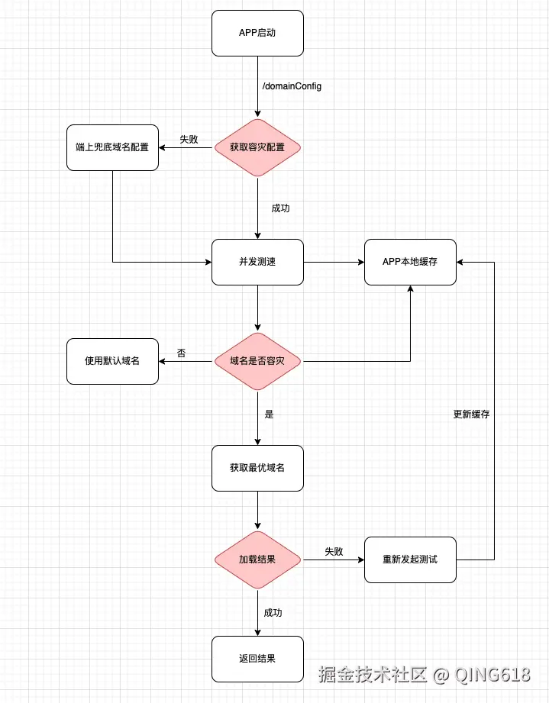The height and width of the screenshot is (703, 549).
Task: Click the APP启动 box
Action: pyautogui.click(x=257, y=33)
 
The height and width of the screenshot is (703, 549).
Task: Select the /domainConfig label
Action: pyautogui.click(x=292, y=86)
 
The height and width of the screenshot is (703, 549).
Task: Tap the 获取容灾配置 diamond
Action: pyautogui.click(x=257, y=147)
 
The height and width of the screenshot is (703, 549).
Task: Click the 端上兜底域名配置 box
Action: pyautogui.click(x=112, y=147)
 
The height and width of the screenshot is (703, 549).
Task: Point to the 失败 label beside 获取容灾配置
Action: pyautogui.click(x=189, y=140)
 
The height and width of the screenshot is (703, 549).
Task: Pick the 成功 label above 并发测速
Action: pyautogui.click(x=280, y=208)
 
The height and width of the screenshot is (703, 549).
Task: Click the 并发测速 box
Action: pyautogui.click(x=257, y=262)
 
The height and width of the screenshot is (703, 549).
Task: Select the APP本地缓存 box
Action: pyautogui.click(x=410, y=262)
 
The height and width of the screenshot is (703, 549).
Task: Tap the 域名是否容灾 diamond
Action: pyautogui.click(x=257, y=361)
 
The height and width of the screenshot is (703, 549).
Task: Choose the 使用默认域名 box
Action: pyautogui.click(x=112, y=361)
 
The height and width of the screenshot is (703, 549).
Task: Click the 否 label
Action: pyautogui.click(x=181, y=353)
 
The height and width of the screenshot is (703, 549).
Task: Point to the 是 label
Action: pyautogui.click(x=269, y=414)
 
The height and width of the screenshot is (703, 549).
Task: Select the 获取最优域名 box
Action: pyautogui.click(x=257, y=468)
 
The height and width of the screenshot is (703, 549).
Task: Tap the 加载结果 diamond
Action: pyautogui.click(x=257, y=559)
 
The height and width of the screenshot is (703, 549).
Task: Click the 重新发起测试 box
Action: pyautogui.click(x=410, y=559)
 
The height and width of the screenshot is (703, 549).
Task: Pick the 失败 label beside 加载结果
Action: pyautogui.click(x=334, y=551)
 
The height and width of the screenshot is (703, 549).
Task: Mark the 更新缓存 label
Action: pyautogui.click(x=471, y=414)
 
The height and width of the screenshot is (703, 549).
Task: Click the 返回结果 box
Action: pyautogui.click(x=257, y=659)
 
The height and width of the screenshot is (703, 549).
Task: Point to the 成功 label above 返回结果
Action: pyautogui.click(x=273, y=612)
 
